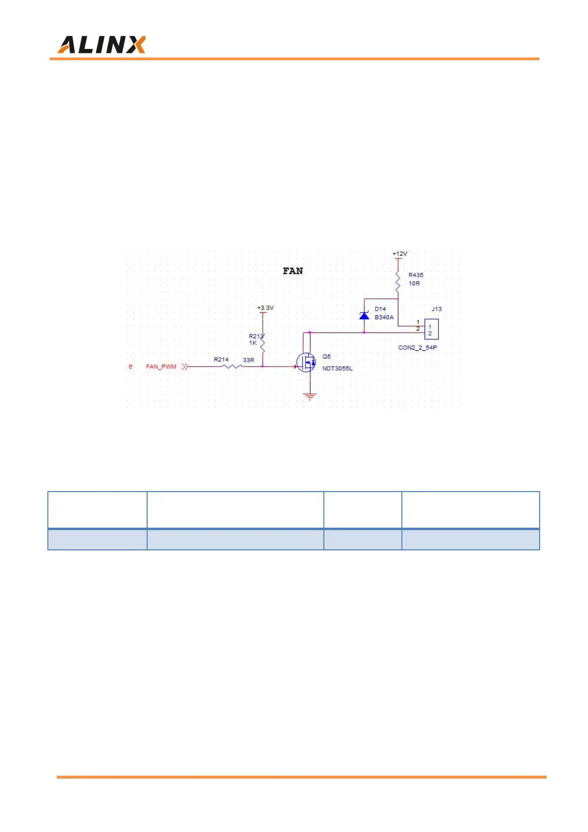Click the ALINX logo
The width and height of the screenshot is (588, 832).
(101, 45)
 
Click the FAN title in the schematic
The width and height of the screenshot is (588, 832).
(293, 271)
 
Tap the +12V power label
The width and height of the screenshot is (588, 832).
(400, 253)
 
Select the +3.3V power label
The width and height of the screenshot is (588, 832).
(265, 308)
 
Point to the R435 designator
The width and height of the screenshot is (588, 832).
(416, 275)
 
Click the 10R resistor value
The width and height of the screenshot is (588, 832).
(414, 284)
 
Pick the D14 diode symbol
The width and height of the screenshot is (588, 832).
(364, 315)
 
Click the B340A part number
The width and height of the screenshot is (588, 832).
(384, 317)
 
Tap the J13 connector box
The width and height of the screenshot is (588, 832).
(431, 330)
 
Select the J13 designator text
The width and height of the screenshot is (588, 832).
(436, 309)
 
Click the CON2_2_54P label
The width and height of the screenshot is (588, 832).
(417, 347)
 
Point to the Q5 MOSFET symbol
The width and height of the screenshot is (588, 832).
(307, 363)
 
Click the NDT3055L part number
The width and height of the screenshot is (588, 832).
(337, 368)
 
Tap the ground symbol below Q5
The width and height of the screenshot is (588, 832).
(310, 396)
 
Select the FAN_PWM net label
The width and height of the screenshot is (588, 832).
(161, 367)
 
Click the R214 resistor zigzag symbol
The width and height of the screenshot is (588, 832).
(232, 366)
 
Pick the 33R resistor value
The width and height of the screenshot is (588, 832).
(248, 360)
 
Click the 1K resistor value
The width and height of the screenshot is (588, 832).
(253, 343)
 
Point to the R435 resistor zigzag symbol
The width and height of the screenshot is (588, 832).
(398, 281)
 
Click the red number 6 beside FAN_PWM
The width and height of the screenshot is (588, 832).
(130, 367)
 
